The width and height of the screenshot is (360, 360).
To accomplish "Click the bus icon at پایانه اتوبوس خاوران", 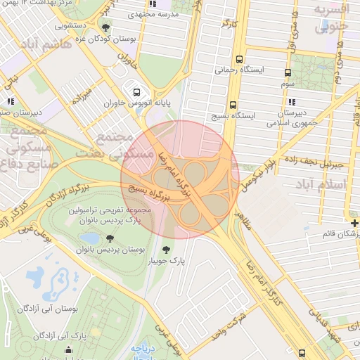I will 136,91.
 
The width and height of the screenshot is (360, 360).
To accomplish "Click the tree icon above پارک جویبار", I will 167,249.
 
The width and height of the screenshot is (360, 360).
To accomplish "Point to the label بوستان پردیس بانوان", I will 103,250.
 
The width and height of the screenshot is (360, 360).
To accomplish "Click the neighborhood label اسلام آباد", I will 328,185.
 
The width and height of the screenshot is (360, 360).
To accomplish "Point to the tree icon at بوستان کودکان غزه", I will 106,27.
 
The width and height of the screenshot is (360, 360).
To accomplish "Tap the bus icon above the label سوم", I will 288,72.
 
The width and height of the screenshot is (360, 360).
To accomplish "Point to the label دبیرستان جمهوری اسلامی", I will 289,117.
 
